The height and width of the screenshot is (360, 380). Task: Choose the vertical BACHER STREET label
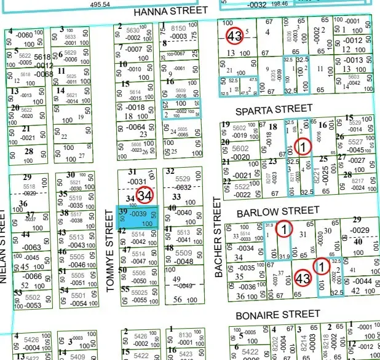click(x=216, y=237)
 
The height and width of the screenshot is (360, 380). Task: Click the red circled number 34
click(x=144, y=196)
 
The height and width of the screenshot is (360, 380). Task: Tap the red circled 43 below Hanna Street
click(x=233, y=36)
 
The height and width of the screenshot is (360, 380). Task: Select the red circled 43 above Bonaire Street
click(x=303, y=278)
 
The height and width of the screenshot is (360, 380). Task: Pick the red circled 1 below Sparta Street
click(x=303, y=146)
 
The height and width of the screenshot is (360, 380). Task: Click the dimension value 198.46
click(x=280, y=4)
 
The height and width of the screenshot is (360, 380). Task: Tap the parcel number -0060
click(x=24, y=35)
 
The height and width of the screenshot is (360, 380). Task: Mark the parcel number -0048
click(x=183, y=261)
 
